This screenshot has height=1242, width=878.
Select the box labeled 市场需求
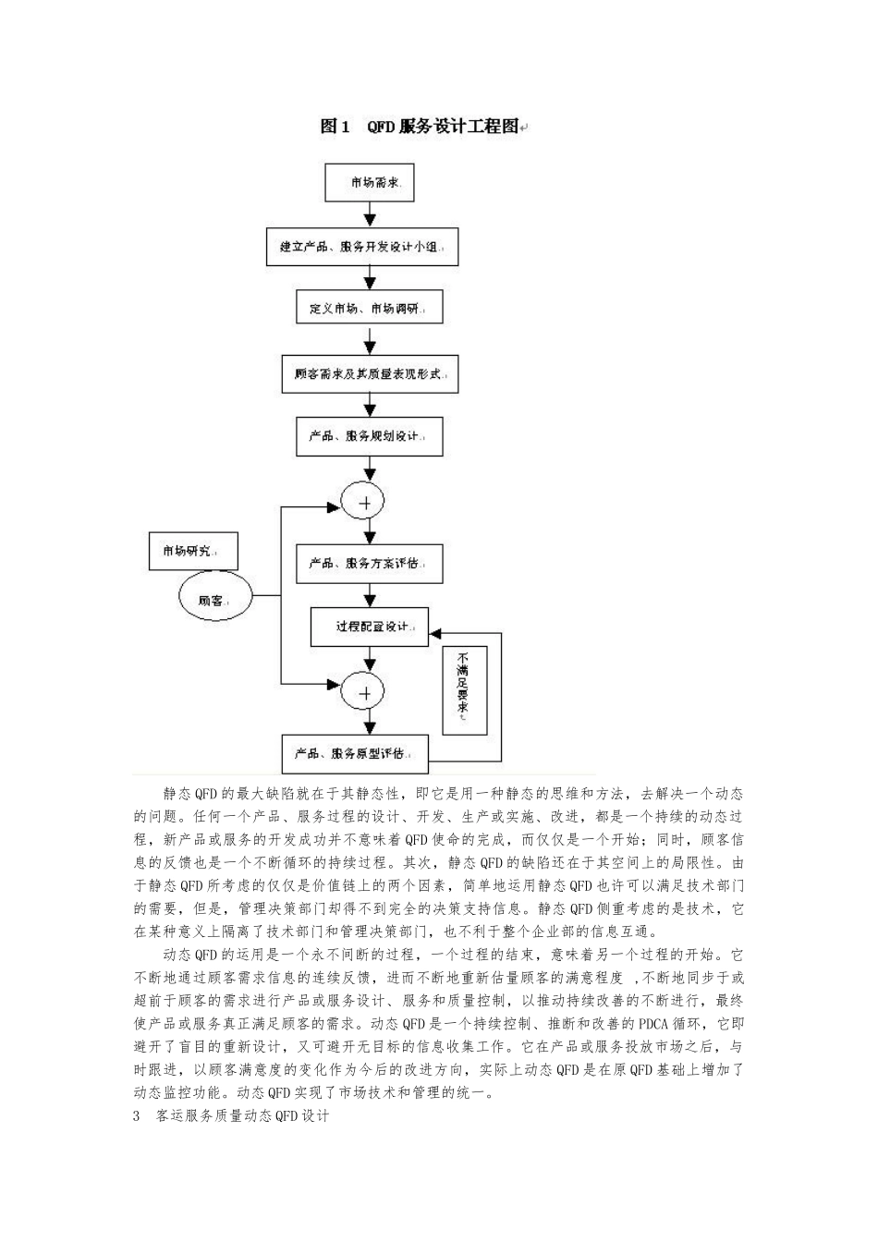click(x=370, y=182)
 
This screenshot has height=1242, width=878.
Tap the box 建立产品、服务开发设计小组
click(x=362, y=247)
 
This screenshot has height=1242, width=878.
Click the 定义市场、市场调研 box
click(x=370, y=308)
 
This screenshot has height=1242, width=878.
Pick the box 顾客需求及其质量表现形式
click(x=370, y=375)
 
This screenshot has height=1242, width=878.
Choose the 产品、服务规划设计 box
click(x=370, y=435)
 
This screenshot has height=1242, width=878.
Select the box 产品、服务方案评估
click(x=370, y=563)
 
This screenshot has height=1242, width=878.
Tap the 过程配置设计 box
click(x=370, y=627)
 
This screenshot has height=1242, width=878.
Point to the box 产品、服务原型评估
click(x=356, y=753)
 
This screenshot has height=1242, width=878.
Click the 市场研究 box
click(x=193, y=552)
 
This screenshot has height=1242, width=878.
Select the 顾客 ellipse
click(x=214, y=600)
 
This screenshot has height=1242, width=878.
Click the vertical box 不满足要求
click(x=464, y=690)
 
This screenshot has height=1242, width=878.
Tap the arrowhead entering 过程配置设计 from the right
click(x=435, y=634)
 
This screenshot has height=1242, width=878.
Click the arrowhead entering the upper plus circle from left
click(x=335, y=506)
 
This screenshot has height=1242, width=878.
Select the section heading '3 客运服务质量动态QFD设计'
click(x=232, y=1115)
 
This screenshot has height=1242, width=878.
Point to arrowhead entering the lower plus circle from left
click(x=335, y=684)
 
